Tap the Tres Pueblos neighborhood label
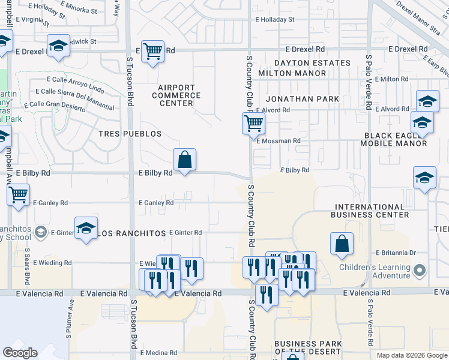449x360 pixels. click(130, 134)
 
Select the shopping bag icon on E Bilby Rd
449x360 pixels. click(185, 160)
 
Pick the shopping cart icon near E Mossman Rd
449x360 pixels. click(253, 124)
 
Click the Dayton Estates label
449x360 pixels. click(312, 63)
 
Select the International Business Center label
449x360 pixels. click(372, 211)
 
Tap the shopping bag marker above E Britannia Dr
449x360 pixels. click(342, 244)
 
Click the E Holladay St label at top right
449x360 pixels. click(274, 19)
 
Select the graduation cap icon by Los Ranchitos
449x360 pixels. click(86, 229)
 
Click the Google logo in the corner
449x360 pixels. click(20, 353)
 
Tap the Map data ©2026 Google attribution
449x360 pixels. click(411, 355)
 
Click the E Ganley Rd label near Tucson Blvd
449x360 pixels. click(156, 203)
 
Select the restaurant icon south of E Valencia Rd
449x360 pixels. click(266, 295)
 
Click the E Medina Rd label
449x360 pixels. click(158, 353)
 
